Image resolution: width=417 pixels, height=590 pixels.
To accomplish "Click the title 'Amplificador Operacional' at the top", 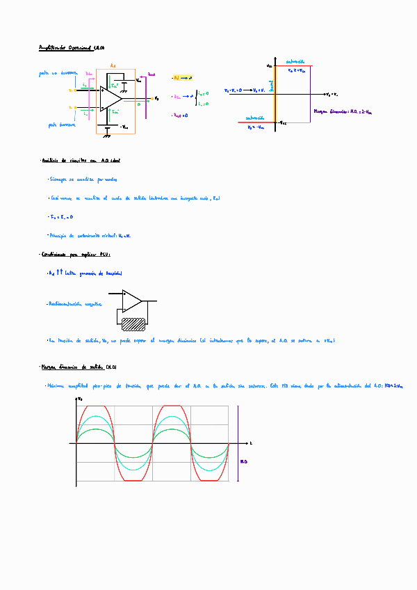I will pos(71,48).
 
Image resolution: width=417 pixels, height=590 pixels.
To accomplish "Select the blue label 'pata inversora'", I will pos(62,125).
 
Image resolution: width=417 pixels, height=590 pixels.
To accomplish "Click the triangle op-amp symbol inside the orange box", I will pos(110,98).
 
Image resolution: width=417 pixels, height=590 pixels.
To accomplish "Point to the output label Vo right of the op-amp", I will pos(156,98).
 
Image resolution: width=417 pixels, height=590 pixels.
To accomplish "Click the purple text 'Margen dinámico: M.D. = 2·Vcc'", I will pos(343,111).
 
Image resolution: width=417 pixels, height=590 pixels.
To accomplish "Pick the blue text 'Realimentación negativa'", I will pos(74,304).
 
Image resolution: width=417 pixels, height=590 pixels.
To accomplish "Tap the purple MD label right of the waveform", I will pos(244,461).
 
